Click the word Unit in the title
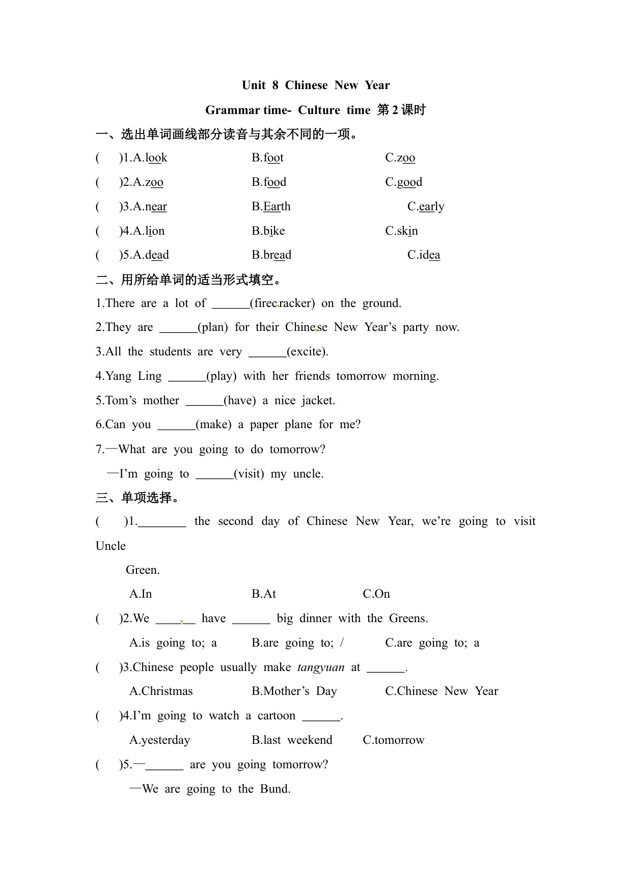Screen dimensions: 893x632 (254, 85)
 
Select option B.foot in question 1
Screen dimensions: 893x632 (267, 158)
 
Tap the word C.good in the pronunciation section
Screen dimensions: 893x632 (403, 182)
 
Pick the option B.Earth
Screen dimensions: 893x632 (271, 207)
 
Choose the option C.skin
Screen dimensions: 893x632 (401, 231)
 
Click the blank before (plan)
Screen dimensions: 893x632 (178, 328)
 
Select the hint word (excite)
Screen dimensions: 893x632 (307, 352)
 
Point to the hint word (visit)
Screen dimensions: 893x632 (249, 474)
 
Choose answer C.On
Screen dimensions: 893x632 (376, 594)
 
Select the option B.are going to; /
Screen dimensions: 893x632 (297, 643)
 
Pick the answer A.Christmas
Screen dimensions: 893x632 (161, 691)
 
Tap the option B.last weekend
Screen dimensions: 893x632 (292, 740)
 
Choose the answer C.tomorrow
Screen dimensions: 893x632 (393, 740)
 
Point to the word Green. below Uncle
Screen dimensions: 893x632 (143, 570)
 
